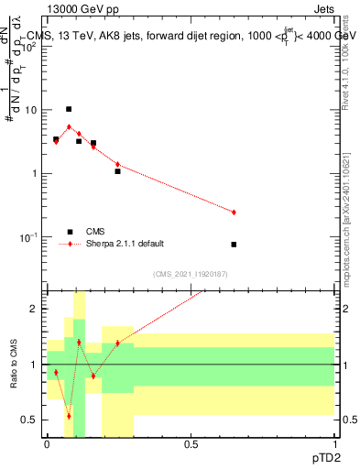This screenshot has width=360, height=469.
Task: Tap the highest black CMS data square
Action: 69,109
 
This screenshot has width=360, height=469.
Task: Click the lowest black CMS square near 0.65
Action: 234,245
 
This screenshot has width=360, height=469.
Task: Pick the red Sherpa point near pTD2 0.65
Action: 234,213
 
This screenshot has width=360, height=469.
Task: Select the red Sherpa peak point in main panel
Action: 69,126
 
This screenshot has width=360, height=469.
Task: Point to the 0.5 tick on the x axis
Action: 191,444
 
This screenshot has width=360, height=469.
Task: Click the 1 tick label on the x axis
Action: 334,444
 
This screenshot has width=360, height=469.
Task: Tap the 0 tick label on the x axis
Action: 47,444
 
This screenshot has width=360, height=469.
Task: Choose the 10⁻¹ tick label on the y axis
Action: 30,237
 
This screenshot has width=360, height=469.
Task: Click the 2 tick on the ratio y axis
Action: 37,310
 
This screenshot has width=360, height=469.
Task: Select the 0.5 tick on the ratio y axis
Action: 33,420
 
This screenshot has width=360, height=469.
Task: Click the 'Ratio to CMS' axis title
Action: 14,365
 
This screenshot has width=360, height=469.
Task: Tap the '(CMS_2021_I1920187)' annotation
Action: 190,274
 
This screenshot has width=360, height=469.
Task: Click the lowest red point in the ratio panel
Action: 69,416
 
